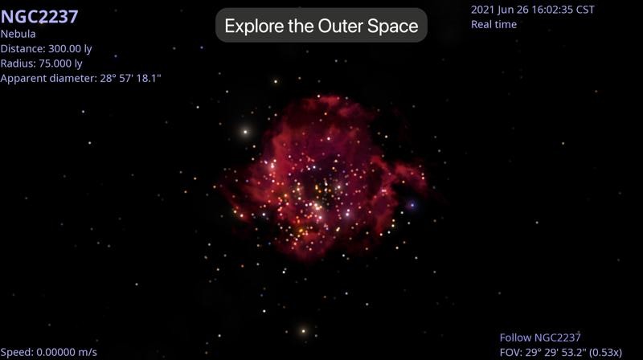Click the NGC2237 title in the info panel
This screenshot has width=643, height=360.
(39, 17)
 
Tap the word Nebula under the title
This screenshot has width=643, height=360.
(18, 34)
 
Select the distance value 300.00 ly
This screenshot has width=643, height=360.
(70, 49)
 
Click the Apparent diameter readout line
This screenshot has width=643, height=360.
(81, 78)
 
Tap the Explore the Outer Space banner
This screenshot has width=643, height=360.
(321, 26)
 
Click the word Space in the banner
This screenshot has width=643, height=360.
(392, 27)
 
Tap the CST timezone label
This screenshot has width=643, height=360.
(585, 10)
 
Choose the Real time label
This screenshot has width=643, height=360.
(494, 24)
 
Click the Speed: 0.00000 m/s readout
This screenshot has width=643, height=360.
(49, 352)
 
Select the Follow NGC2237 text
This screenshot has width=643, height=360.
(540, 337)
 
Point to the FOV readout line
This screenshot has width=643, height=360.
(560, 352)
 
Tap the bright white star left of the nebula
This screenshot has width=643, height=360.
(245, 132)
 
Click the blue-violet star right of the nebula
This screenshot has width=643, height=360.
(412, 205)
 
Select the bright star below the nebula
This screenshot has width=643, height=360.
(304, 331)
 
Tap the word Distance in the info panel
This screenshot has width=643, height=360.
(23, 49)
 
